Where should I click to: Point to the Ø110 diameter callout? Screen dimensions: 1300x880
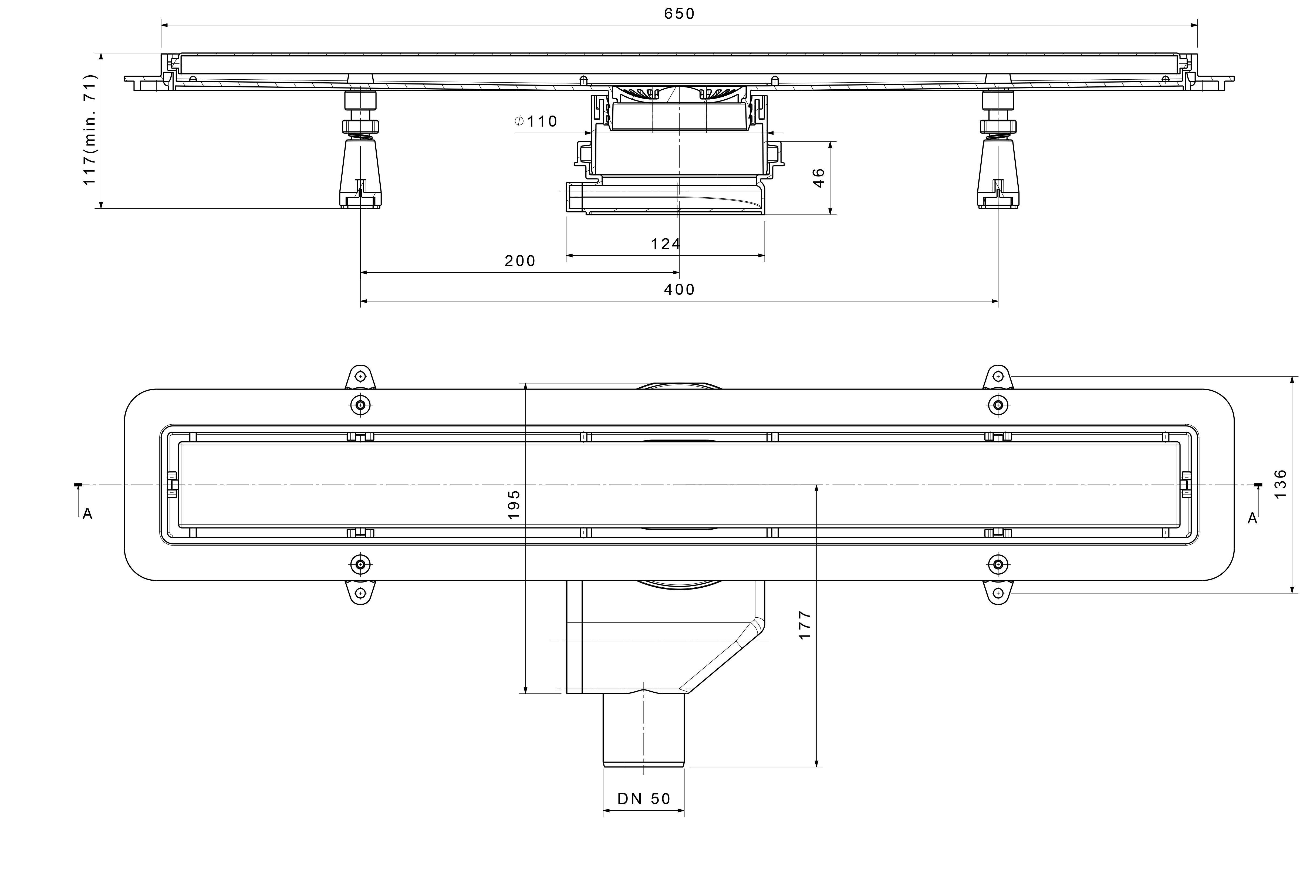pos(536,121)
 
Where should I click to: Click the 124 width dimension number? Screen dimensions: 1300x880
pos(666,244)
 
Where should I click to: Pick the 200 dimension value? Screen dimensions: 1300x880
pos(520,261)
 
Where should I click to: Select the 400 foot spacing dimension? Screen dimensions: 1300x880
pos(679,289)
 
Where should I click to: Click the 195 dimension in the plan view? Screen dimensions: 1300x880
pos(514,505)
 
